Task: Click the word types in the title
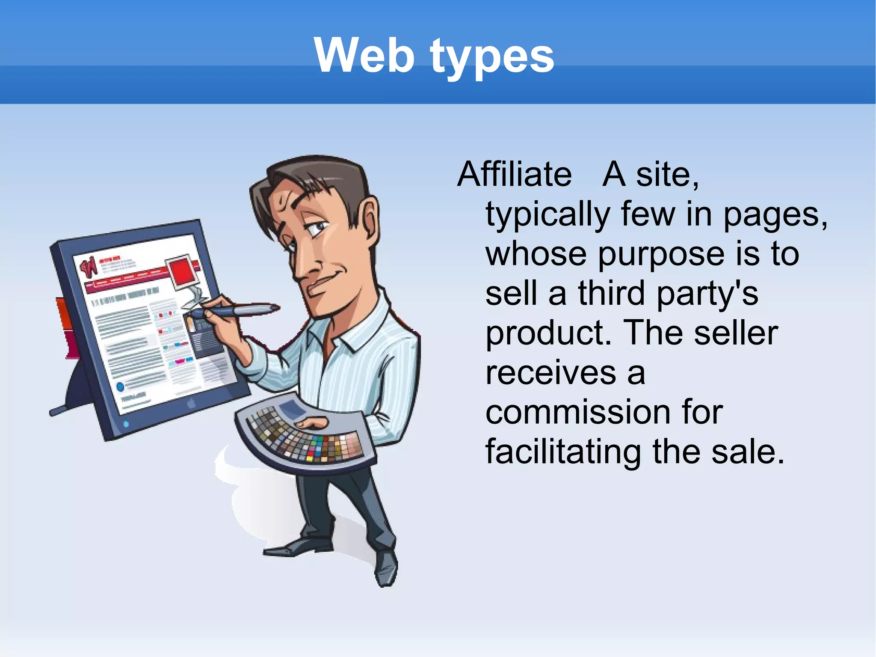click(x=492, y=58)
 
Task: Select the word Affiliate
click(x=515, y=175)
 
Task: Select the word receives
click(x=551, y=373)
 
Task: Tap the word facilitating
click(x=563, y=452)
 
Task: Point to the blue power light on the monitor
click(x=126, y=424)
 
